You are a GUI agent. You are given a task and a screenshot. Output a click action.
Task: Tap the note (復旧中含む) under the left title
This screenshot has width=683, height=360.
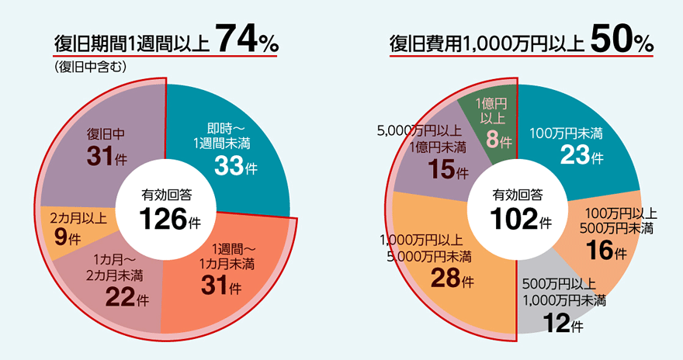[91, 66]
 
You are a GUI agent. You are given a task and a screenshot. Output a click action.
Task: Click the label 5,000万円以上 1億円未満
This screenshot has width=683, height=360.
[422, 138]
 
